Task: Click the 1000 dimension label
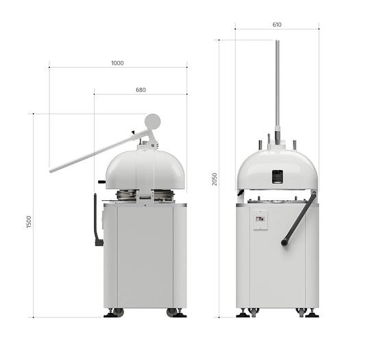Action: [117, 62]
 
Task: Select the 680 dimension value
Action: [141, 90]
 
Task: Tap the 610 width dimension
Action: [277, 25]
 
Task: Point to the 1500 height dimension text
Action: [29, 221]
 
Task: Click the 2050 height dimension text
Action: [214, 179]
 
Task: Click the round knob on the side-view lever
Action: [153, 121]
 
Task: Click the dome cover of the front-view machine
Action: [277, 165]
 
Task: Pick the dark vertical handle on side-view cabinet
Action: [95, 221]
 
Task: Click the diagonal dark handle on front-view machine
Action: [299, 219]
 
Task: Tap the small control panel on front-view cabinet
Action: [261, 219]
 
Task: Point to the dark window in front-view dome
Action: [276, 176]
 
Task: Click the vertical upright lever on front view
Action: [277, 86]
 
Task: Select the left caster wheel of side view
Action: [117, 312]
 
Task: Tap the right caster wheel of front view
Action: [301, 312]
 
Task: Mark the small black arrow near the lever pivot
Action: [133, 132]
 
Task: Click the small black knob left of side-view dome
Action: [101, 182]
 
